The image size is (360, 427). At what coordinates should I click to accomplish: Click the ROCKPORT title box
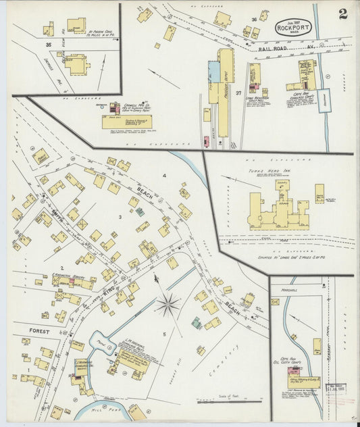pos(292,28)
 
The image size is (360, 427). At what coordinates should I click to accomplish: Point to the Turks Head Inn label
pos(266,172)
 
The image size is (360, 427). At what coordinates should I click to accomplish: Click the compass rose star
pos(167,304)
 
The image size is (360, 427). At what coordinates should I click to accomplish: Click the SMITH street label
pos(57,200)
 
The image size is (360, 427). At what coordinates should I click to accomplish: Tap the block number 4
pos(163,176)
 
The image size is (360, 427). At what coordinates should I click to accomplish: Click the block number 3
pos(120,217)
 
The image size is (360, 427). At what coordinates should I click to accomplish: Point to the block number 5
pos(163,334)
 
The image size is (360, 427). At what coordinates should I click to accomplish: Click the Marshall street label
pos(283,284)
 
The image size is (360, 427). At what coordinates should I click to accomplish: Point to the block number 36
pos(254,20)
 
